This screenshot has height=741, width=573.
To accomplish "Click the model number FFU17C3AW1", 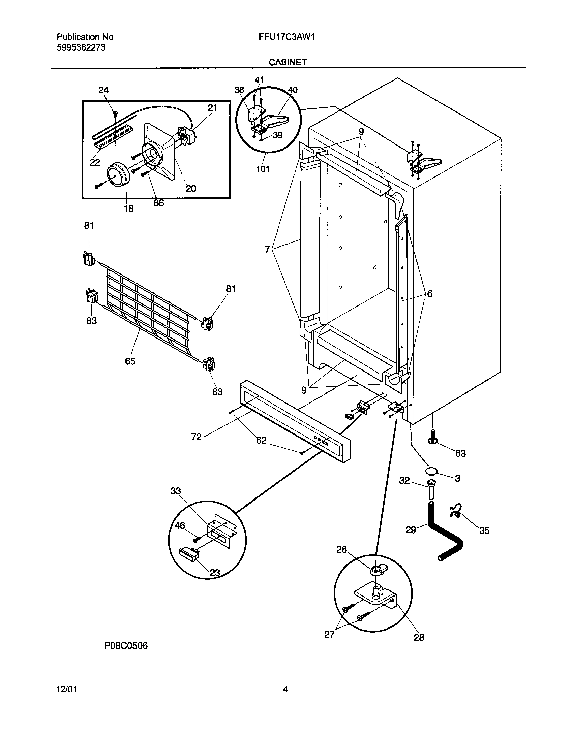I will [286, 37].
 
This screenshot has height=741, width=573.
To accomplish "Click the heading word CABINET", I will [288, 62].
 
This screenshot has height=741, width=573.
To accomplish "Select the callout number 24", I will [103, 90].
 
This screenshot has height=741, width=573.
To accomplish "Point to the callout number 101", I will [263, 169].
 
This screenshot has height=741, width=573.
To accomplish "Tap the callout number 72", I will [196, 437].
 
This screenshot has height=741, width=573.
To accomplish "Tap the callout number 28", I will [419, 637].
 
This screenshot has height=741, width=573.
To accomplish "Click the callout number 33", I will [176, 491].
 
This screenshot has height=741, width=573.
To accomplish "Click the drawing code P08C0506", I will [126, 646].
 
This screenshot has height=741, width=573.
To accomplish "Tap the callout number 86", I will [158, 203].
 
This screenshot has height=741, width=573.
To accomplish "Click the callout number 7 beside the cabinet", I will [268, 249].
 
